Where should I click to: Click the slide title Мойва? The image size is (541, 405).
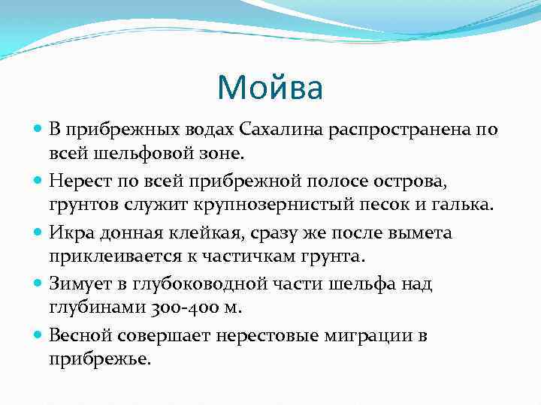pos(270,88)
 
